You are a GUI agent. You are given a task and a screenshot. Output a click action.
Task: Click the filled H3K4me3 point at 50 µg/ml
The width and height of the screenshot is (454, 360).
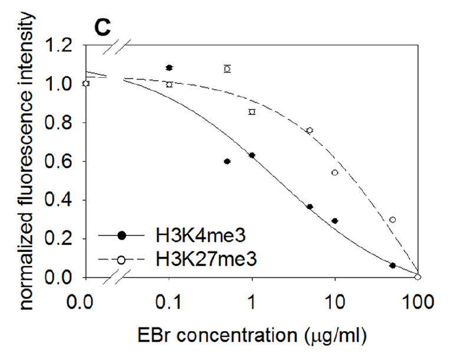coord(393,266)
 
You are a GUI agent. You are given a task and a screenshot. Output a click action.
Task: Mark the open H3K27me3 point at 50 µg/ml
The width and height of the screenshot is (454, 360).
coord(393,220)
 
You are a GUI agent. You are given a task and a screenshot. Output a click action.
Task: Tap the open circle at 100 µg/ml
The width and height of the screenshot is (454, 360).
coord(417,277)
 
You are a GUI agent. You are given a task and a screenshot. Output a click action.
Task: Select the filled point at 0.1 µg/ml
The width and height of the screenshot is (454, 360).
coord(169,68)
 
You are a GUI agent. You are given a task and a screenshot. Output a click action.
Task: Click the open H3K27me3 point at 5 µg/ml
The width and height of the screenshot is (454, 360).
coord(310,130)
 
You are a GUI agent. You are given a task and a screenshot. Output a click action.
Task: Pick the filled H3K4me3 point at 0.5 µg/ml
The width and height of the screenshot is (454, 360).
coord(227,161)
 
